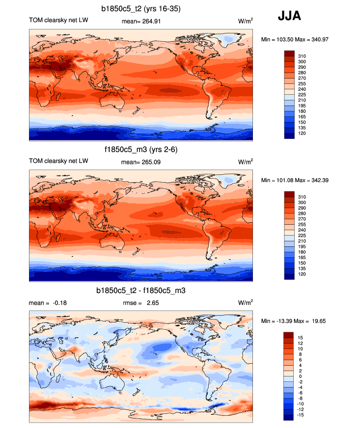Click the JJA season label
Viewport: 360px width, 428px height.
click(x=289, y=16)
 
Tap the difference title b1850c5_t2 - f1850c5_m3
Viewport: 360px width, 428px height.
click(x=140, y=291)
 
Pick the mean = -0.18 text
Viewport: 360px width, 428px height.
click(x=48, y=303)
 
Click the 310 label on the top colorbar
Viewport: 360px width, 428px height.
click(x=302, y=56)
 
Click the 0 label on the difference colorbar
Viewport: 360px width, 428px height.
click(x=300, y=376)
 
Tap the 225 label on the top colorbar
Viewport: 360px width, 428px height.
click(x=302, y=94)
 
